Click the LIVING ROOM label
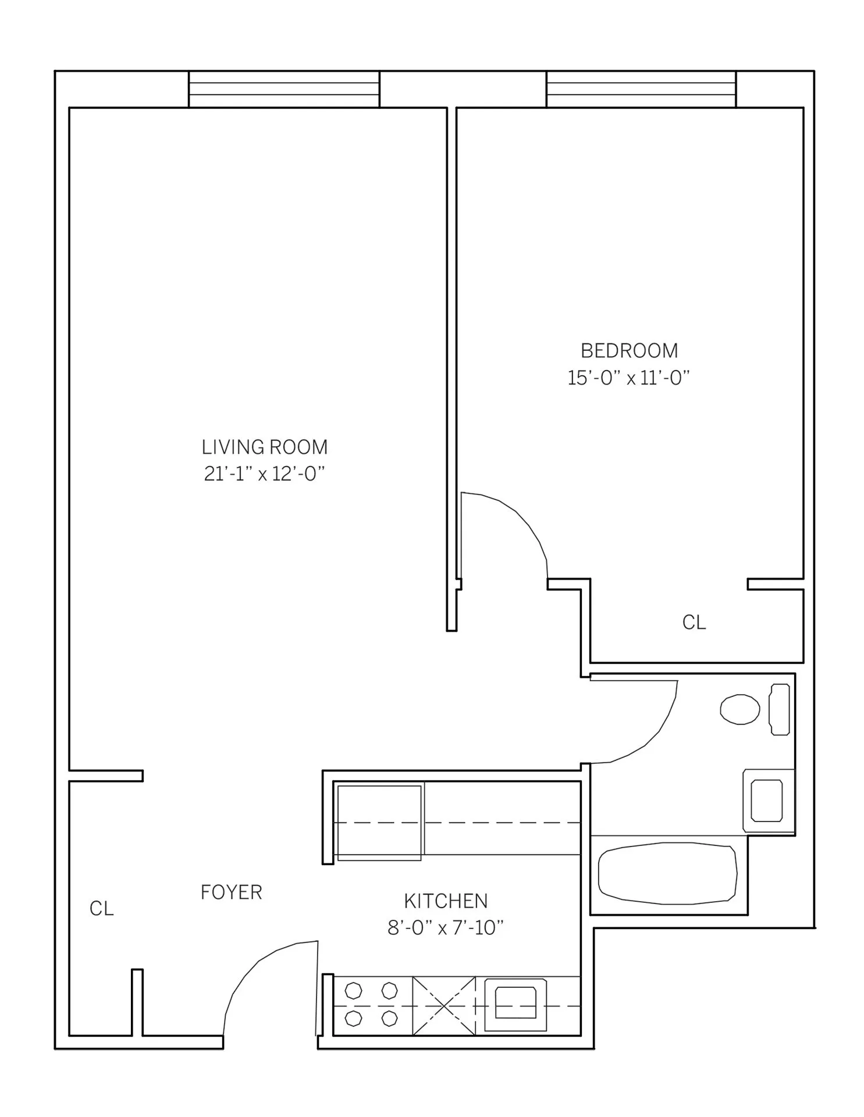(x=265, y=447)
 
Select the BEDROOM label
(x=629, y=351)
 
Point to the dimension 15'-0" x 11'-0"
(x=628, y=378)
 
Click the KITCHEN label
(x=446, y=901)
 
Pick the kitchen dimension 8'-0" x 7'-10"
(x=446, y=928)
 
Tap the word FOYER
(x=231, y=892)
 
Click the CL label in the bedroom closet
(x=694, y=622)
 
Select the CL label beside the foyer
(x=101, y=909)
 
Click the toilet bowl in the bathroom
(x=739, y=709)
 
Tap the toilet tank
(x=780, y=709)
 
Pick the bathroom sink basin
(x=766, y=801)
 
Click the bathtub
(x=667, y=873)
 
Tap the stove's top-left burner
(x=353, y=990)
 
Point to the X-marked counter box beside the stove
(x=444, y=1005)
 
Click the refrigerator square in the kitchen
(x=379, y=822)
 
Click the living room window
(x=284, y=90)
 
